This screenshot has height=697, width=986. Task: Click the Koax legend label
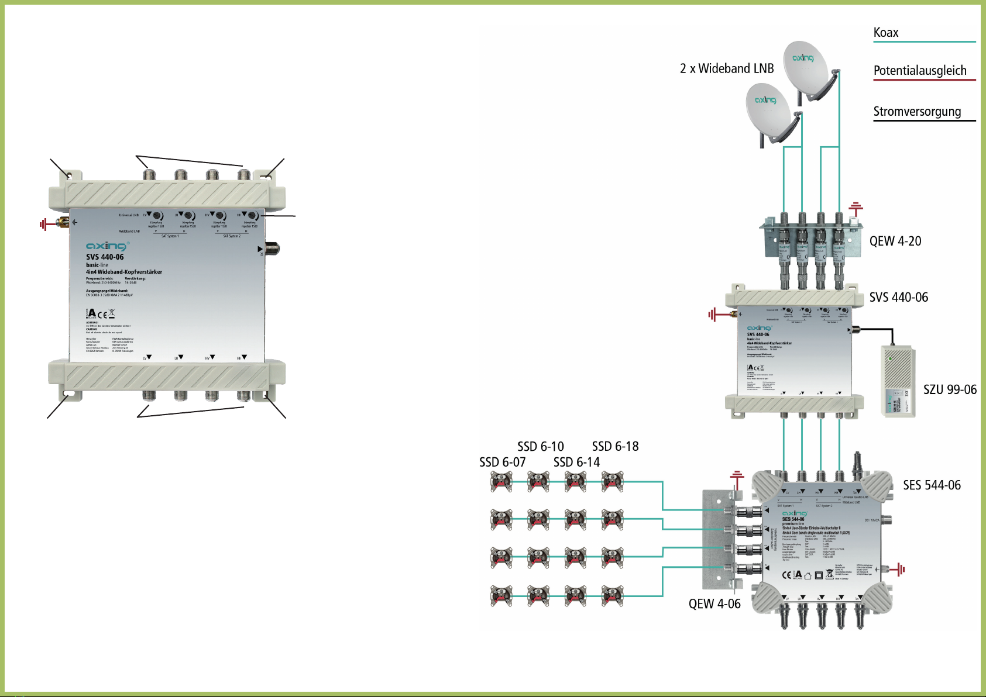coord(885,33)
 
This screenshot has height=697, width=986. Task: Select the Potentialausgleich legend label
coord(919,71)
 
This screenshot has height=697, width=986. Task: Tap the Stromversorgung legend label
coord(916,112)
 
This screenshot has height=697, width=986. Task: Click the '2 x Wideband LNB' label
coord(726,69)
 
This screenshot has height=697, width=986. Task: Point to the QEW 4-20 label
coord(895,241)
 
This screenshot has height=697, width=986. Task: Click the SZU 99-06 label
coord(950,389)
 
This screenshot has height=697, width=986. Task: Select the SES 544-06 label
coord(932,485)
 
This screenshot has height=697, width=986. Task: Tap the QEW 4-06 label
coord(714,604)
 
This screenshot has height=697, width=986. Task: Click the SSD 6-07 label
coord(502,463)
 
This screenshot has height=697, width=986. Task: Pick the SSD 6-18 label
coord(615,447)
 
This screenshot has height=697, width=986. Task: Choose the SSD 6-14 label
coord(576,463)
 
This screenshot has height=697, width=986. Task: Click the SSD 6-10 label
coord(540,447)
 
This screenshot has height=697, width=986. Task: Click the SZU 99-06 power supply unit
coord(898,381)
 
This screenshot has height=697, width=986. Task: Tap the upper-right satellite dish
coord(806,65)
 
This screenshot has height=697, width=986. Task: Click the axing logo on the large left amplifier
coord(106,246)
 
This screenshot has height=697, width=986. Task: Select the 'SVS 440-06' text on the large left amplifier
coord(105,257)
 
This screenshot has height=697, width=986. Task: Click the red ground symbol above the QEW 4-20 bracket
coord(856,207)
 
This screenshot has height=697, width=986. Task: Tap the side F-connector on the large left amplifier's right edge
coord(272,248)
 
